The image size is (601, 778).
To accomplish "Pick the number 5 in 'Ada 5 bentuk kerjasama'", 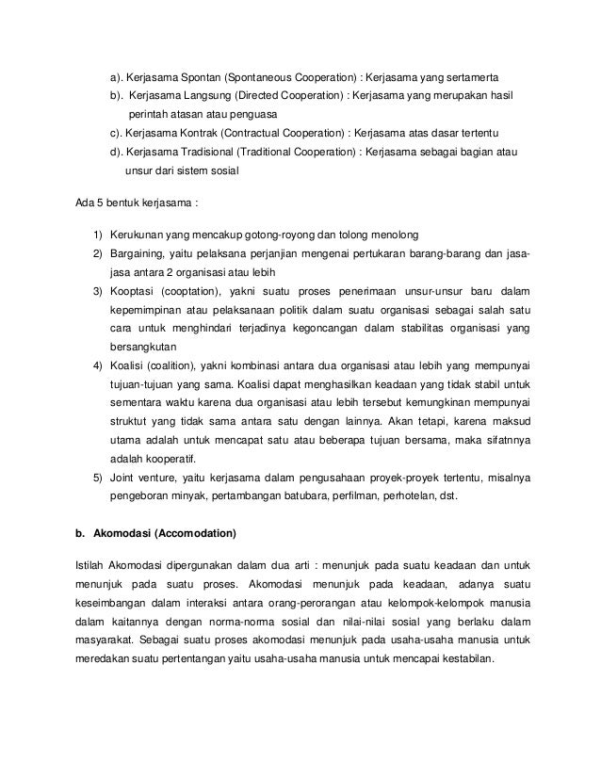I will click(x=98, y=203).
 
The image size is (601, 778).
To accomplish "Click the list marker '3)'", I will click(x=97, y=292).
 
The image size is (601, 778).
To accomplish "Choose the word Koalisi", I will click(x=129, y=366).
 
